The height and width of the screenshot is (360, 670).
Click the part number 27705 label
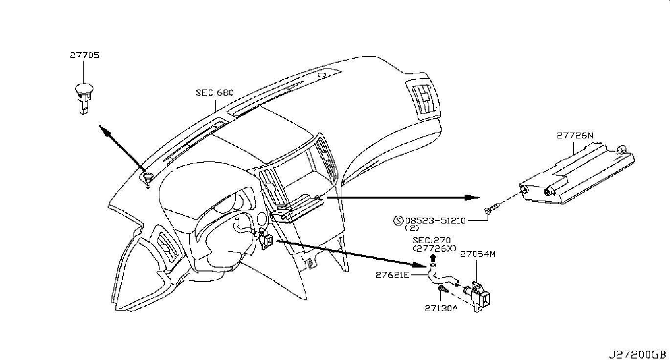84,56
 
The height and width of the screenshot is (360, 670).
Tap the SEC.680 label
215,92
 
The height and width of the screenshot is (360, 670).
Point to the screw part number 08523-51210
435,221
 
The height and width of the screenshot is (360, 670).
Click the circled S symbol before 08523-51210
398,221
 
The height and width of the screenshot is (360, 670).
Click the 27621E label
392,275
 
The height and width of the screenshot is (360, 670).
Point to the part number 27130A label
441,308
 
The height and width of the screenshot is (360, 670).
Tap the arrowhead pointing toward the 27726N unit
472,198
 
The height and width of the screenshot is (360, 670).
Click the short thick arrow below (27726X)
432,257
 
